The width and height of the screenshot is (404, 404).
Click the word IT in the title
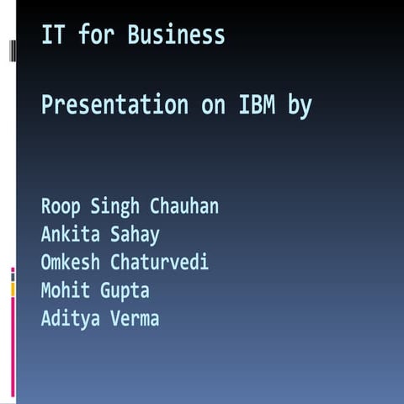coord(50,35)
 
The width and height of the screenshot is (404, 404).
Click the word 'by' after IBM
coord(302,107)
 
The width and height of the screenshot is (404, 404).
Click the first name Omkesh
coord(72,262)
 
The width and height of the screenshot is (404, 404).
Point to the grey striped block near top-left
coord(13,50)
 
